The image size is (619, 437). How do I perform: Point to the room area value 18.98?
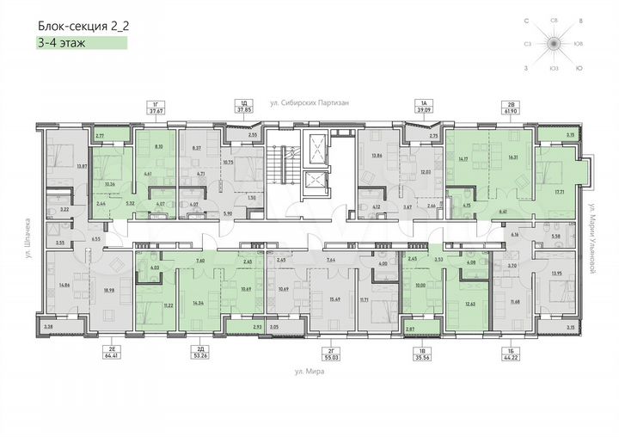(108, 291)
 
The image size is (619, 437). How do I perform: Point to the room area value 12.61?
(469, 304)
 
